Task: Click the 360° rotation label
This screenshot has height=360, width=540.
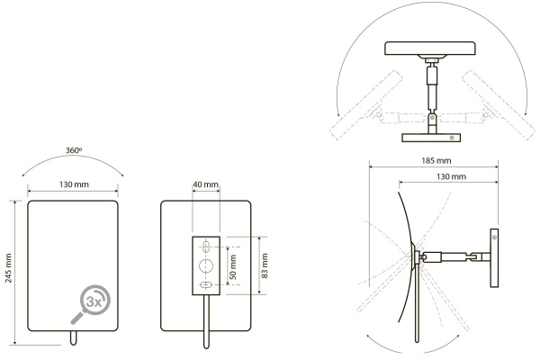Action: (x=74, y=150)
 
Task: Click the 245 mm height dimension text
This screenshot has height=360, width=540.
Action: (x=9, y=268)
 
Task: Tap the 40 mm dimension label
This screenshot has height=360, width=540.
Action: (x=205, y=184)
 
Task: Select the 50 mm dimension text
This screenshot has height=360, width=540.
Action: (x=233, y=267)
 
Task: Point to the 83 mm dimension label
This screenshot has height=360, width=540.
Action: (x=265, y=265)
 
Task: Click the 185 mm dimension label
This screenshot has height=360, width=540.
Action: (x=436, y=160)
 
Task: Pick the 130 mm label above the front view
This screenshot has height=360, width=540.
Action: (x=74, y=184)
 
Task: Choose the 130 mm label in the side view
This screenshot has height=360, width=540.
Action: (x=451, y=176)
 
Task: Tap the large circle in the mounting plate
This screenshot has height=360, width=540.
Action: (x=206, y=265)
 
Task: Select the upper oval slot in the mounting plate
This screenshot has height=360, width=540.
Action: (x=206, y=247)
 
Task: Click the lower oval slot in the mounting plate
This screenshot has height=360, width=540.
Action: (x=206, y=285)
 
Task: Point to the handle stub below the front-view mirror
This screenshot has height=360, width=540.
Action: (x=73, y=337)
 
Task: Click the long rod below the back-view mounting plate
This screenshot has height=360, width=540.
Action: (x=206, y=321)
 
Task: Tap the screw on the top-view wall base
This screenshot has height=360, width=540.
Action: (x=452, y=138)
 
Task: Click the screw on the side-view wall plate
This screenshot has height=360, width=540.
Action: (x=494, y=238)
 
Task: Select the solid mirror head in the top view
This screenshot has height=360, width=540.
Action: (x=430, y=49)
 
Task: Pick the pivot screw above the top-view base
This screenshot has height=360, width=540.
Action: (x=432, y=118)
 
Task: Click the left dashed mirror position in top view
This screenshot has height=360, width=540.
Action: (x=366, y=105)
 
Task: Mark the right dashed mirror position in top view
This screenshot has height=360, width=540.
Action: (x=499, y=105)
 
